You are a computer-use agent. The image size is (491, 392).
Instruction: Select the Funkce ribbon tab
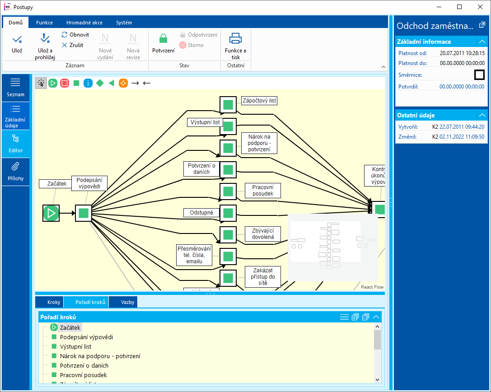44,23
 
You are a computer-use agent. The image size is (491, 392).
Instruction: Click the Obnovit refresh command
75,35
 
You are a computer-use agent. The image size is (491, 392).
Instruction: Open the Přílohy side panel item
15,171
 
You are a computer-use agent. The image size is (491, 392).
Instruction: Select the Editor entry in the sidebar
15,143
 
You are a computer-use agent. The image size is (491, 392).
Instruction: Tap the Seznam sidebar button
15,87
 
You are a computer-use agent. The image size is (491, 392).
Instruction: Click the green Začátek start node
51,213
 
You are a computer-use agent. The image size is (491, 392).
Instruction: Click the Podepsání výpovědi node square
84,213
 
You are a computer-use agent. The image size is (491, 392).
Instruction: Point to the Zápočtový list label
259,101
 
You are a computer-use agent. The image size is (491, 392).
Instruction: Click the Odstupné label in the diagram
201,212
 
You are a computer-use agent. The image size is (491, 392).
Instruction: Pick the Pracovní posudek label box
263,190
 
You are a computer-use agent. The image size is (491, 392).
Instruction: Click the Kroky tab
53,302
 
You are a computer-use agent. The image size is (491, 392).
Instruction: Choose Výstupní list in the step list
75,346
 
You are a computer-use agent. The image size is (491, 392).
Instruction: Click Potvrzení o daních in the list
84,365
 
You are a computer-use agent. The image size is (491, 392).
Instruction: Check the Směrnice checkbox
479,75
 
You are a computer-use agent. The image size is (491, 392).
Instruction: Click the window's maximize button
459,7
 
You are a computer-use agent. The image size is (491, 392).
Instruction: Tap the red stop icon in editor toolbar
65,83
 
